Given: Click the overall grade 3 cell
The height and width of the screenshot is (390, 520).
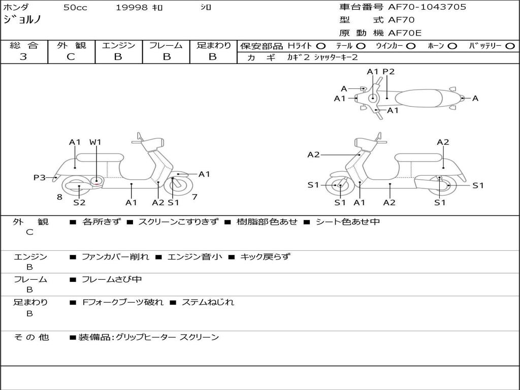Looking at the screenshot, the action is point(23,57).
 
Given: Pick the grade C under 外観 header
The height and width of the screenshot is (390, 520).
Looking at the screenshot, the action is point(71,57).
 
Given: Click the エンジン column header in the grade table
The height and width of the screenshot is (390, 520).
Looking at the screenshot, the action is point(118,45).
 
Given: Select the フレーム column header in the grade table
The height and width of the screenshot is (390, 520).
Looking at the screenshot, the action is point(166,45).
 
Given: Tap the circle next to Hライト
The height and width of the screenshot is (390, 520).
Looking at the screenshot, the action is point(321,46).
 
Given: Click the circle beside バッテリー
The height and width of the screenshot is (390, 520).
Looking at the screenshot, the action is point(510,46).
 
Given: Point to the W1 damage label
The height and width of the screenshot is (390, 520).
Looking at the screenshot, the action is point(95,142).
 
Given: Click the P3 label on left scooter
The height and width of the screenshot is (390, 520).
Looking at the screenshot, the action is point(40,177).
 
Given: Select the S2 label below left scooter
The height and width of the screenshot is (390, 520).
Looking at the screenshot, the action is point(79,203).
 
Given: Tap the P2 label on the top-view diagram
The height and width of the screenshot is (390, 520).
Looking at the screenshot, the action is point(388,72).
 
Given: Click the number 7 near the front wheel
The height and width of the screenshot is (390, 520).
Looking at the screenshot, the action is point(194,197).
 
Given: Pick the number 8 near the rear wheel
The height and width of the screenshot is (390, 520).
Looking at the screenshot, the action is point(59,197).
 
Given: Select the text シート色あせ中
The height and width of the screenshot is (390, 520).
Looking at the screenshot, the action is point(348,222).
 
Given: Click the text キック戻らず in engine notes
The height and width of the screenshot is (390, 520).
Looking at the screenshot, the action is point(265,257).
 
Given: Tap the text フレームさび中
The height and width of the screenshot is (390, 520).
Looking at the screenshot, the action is point(112,279).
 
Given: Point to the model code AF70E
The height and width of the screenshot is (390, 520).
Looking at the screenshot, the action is point(405,34).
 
